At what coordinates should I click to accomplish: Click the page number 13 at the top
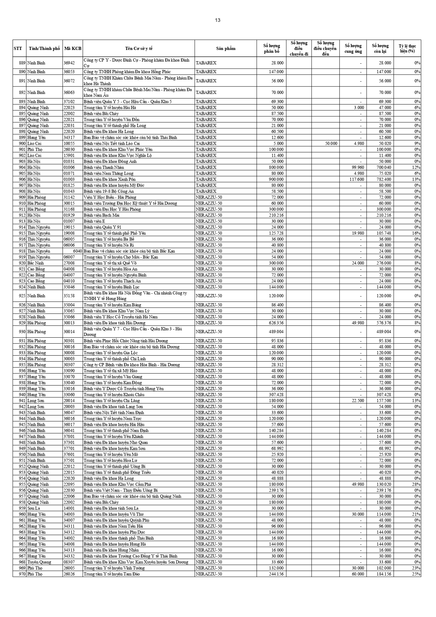[x=218, y=20]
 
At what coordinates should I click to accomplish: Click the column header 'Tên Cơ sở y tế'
[x=139, y=49]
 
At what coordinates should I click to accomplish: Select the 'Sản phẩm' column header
[x=226, y=49]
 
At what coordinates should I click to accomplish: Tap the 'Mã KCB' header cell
[x=73, y=49]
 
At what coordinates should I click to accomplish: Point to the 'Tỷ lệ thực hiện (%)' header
[x=407, y=49]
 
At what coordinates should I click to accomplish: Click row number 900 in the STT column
[x=22, y=144]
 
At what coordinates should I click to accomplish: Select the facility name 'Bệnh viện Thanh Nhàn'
[x=104, y=167]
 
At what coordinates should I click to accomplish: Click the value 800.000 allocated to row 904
[x=275, y=167]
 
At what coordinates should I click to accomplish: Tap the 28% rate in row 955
[x=416, y=484]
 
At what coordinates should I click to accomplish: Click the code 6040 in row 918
[x=77, y=251]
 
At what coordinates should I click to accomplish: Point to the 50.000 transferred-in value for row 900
[x=331, y=144]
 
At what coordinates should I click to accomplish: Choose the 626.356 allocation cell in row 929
[x=275, y=323]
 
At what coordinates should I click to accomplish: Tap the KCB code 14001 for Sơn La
[x=69, y=508]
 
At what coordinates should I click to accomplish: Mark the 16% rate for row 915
[x=416, y=233]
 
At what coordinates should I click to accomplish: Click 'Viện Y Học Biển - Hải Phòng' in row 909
[x=110, y=197]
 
